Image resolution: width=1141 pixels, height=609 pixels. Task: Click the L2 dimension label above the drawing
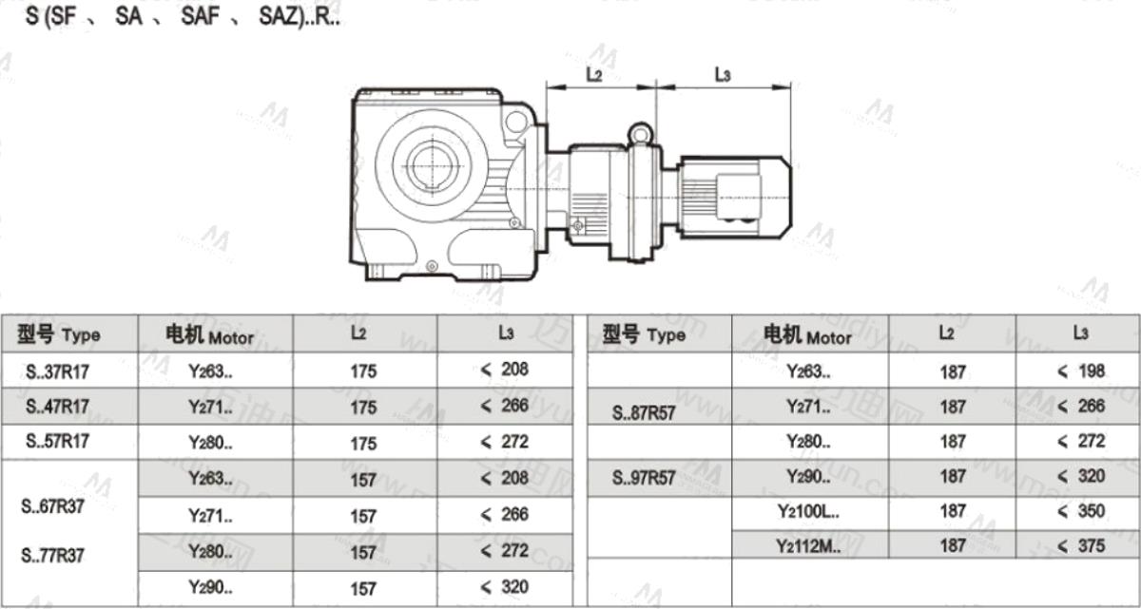tap(594, 75)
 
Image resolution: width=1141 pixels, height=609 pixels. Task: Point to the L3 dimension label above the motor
tap(723, 75)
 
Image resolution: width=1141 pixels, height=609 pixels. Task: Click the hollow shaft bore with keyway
tap(433, 165)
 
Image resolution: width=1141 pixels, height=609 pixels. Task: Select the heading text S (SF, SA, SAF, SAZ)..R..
tap(183, 16)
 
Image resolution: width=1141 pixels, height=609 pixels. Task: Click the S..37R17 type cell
tap(58, 371)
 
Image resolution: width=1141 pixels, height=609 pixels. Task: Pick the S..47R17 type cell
tap(58, 407)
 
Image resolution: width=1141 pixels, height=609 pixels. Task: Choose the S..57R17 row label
tap(58, 441)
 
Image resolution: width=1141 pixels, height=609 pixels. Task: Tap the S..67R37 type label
tap(52, 506)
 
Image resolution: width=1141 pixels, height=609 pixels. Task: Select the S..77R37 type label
tap(52, 555)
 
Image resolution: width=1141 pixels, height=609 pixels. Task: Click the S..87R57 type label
tap(644, 413)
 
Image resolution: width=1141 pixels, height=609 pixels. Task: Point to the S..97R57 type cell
tap(644, 478)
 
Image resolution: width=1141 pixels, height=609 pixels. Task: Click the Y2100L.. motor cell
tap(808, 511)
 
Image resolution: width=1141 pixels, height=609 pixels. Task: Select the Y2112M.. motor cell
tap(808, 546)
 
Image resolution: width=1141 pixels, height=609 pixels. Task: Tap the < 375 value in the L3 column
tap(1081, 546)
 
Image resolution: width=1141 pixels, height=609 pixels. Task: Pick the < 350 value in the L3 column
tap(1081, 511)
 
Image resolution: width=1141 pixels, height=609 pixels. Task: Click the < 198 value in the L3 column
tap(1081, 371)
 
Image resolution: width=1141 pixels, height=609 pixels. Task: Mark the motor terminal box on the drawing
tap(739, 197)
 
